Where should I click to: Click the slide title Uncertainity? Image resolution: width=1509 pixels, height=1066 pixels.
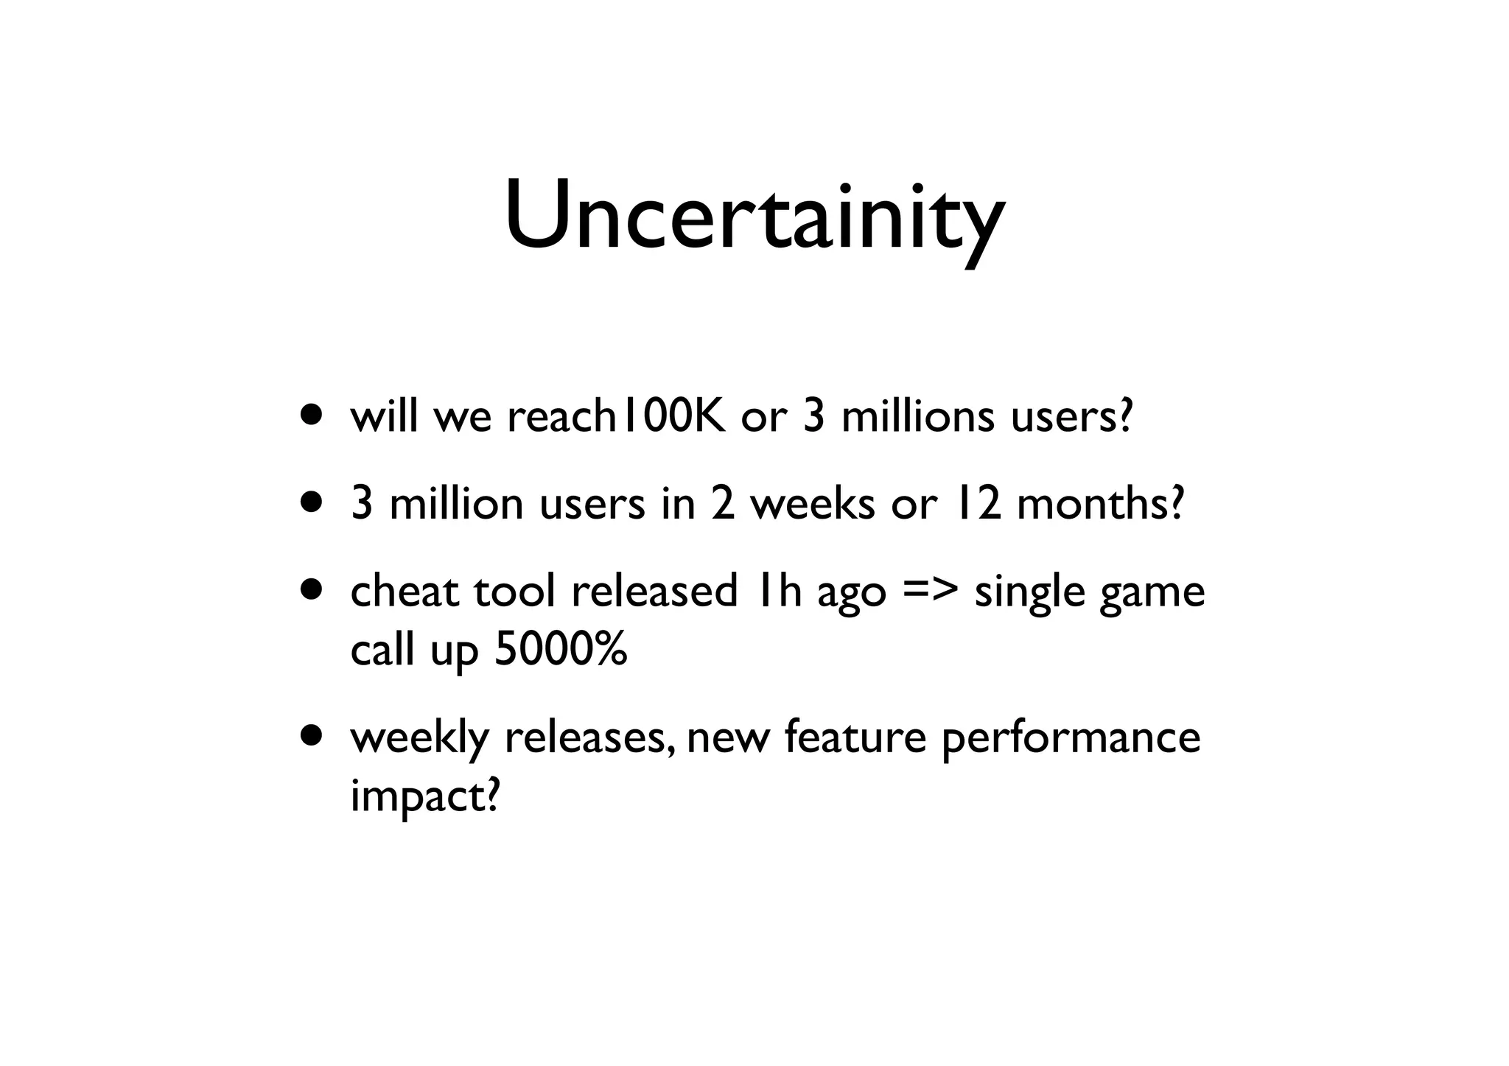754,217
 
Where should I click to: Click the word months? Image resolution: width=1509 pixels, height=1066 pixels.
1099,505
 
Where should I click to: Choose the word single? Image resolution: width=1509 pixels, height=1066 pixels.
1029,594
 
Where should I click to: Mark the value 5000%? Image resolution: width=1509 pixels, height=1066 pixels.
560,650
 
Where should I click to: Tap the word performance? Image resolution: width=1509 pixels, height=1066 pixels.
1071,739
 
